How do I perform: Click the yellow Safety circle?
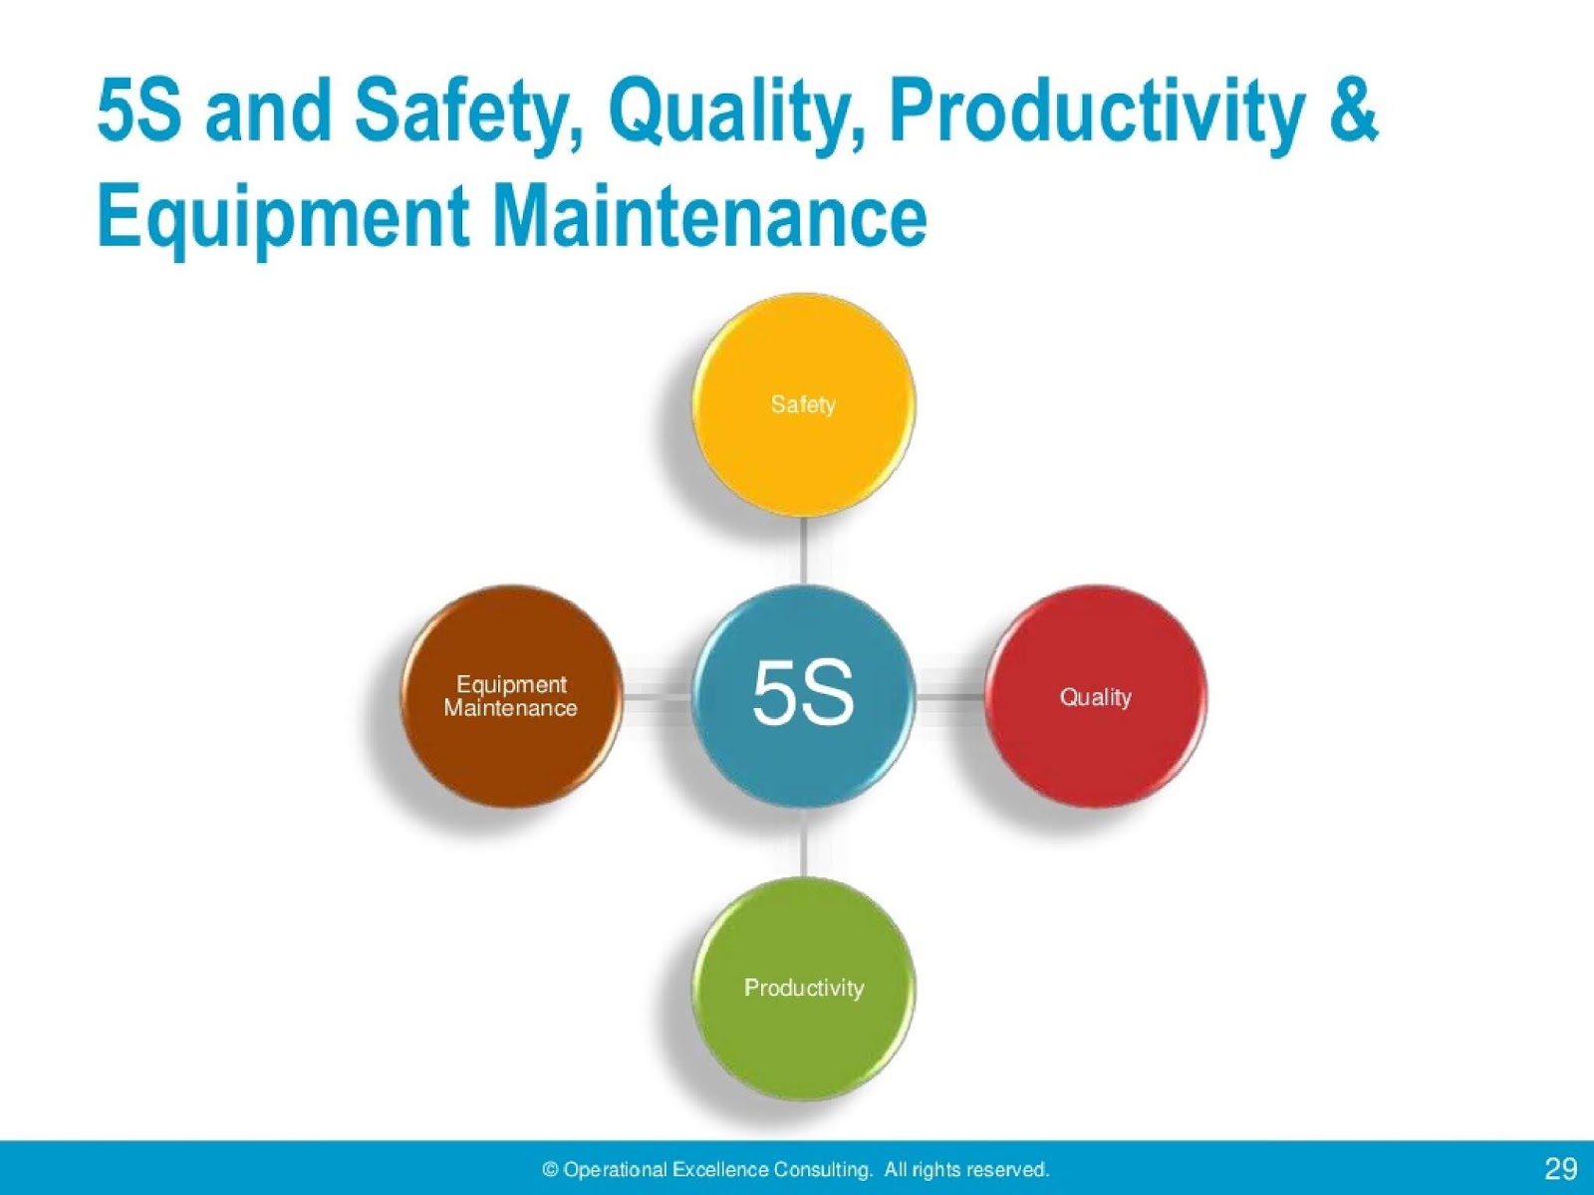(x=803, y=404)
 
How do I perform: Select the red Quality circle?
(x=1095, y=696)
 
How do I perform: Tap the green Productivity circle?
(x=803, y=988)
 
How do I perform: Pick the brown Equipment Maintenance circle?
(x=511, y=696)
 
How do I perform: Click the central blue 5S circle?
(x=803, y=694)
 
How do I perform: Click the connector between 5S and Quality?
(x=949, y=696)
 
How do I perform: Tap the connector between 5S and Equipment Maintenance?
(x=658, y=696)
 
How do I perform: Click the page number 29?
(x=1560, y=1168)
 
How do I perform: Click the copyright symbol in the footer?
(x=550, y=1169)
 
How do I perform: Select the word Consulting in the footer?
(x=824, y=1169)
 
